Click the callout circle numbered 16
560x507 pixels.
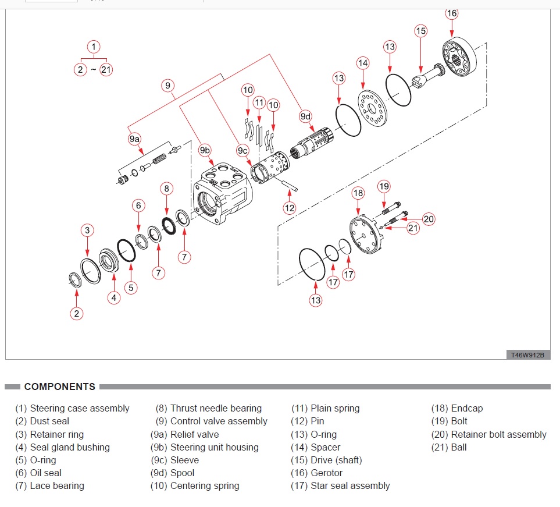[x=452, y=13]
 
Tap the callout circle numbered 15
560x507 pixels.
[x=421, y=31]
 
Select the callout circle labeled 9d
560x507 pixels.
[x=305, y=116]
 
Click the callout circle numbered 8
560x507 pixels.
[x=167, y=188]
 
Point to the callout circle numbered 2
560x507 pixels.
[x=76, y=313]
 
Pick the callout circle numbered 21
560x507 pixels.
[x=413, y=228]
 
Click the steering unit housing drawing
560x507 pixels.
[x=223, y=194]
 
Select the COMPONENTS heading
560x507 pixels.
[x=59, y=387]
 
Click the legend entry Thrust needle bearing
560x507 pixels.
[x=209, y=409]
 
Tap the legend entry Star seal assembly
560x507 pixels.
[x=341, y=485]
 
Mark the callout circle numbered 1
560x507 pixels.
[x=93, y=46]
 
